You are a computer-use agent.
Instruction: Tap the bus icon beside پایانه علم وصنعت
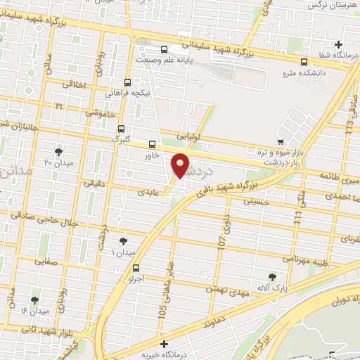coord(164,49)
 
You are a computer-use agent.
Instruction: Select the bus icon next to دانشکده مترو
coord(304,61)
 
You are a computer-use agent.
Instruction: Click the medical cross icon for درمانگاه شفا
coord(340,45)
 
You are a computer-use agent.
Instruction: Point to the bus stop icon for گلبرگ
coord(122,129)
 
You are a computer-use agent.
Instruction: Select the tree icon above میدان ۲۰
coord(58,150)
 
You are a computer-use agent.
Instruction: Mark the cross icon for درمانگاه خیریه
coord(165,344)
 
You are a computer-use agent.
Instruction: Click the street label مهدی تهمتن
coord(224,287)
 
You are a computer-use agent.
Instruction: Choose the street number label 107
coord(222,240)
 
